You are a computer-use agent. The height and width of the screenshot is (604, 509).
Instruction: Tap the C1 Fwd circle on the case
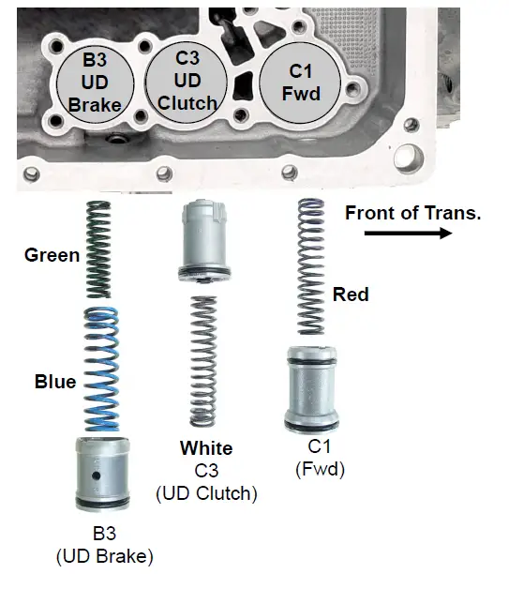(x=301, y=80)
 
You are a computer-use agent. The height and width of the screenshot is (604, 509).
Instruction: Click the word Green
(x=52, y=255)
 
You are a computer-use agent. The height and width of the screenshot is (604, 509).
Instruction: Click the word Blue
(x=54, y=382)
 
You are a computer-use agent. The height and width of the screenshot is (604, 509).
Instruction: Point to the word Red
(x=351, y=294)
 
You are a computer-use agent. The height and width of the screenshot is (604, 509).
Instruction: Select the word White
(x=207, y=448)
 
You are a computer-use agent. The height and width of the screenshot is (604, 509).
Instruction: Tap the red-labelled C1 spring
(x=310, y=268)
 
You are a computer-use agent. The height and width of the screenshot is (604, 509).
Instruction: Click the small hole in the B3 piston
(x=97, y=477)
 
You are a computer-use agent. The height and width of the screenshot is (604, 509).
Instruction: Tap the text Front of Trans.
(x=412, y=213)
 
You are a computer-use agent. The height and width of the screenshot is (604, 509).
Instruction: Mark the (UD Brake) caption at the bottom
(x=104, y=555)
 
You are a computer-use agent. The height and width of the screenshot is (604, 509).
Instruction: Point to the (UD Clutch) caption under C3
(x=207, y=492)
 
